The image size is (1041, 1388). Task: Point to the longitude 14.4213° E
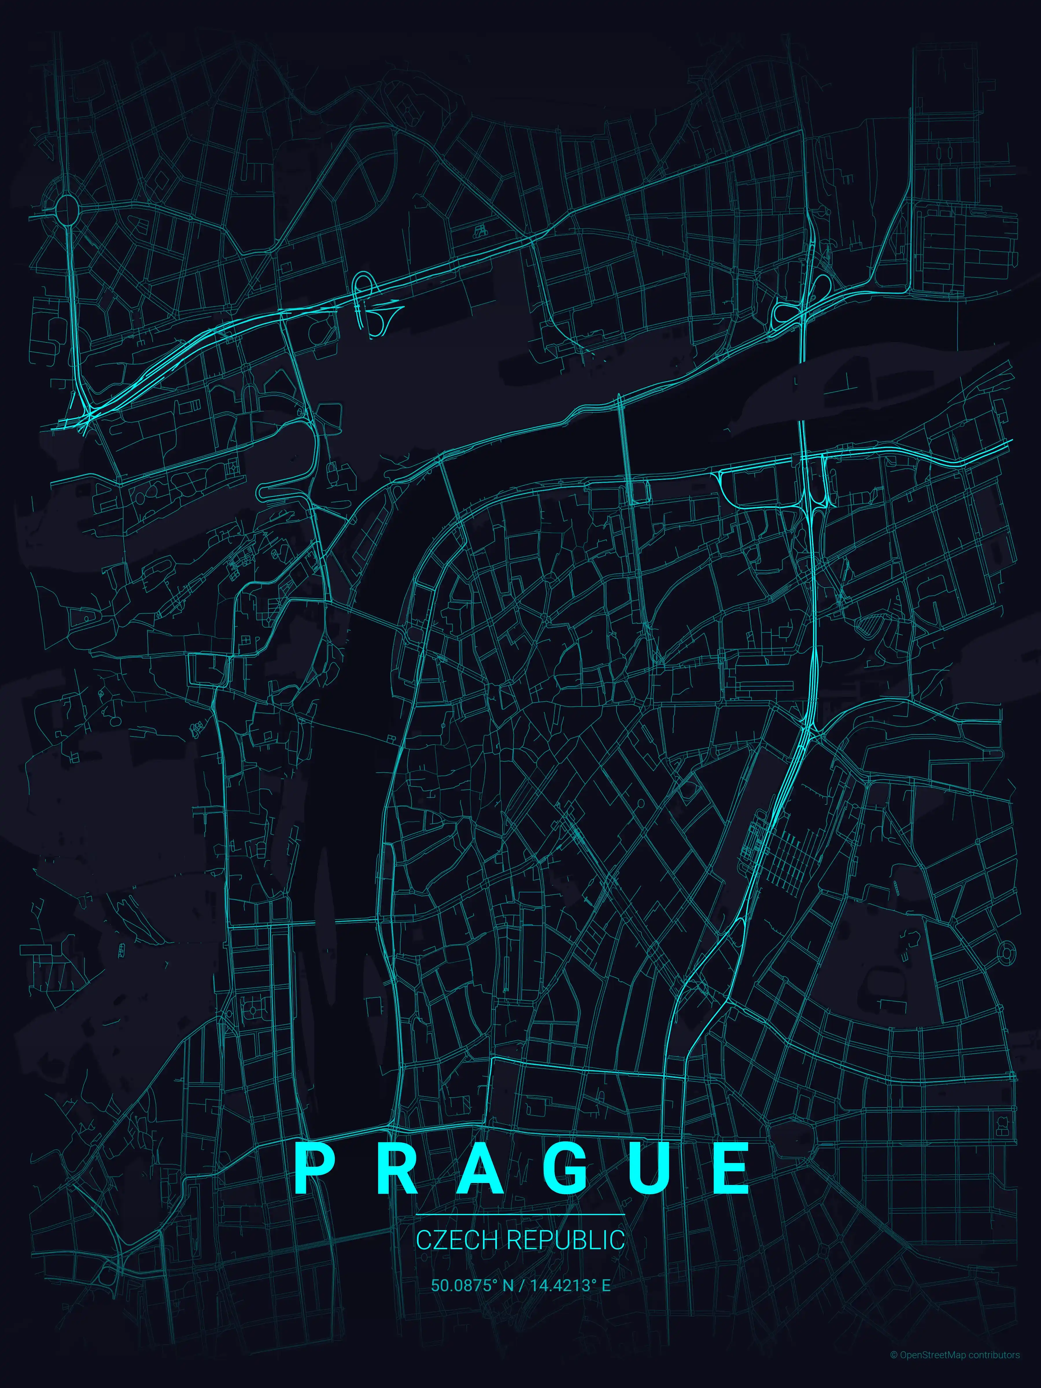click(x=570, y=1285)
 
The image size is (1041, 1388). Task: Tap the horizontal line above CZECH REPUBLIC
click(x=520, y=1215)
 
